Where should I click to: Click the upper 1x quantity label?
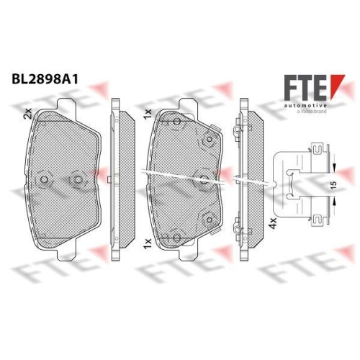[x=148, y=113]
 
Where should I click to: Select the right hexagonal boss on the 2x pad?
[x=78, y=179]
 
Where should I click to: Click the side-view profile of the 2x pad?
[x=117, y=180]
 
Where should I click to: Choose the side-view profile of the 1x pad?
[x=243, y=180]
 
